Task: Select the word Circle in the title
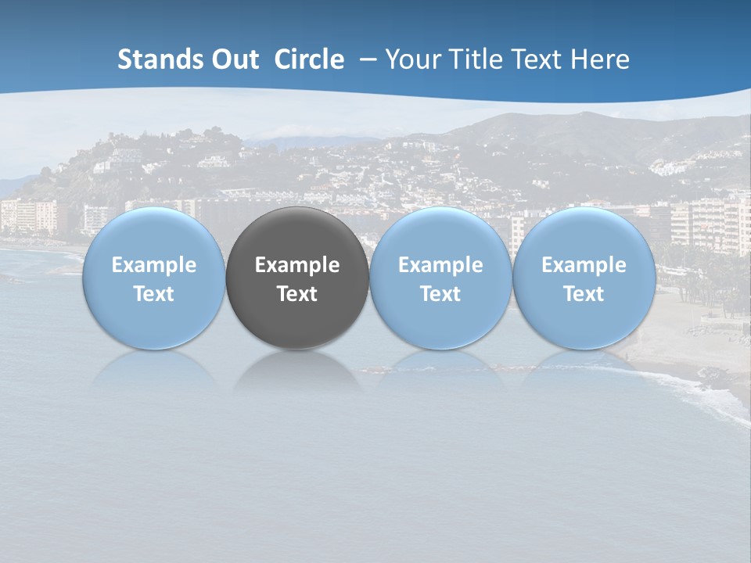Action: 309,59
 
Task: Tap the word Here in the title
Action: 602,59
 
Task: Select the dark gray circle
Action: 297,235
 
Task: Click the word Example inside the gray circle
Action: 297,265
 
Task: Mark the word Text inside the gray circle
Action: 297,294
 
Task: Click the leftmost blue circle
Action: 153,235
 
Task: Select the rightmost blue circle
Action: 584,235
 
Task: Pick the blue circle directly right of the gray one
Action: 440,235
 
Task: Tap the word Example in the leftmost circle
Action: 153,265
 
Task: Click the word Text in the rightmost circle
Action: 584,294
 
